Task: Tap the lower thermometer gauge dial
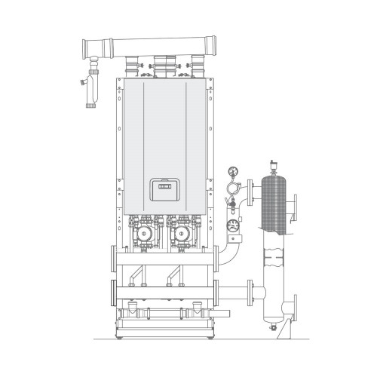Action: (233, 224)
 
